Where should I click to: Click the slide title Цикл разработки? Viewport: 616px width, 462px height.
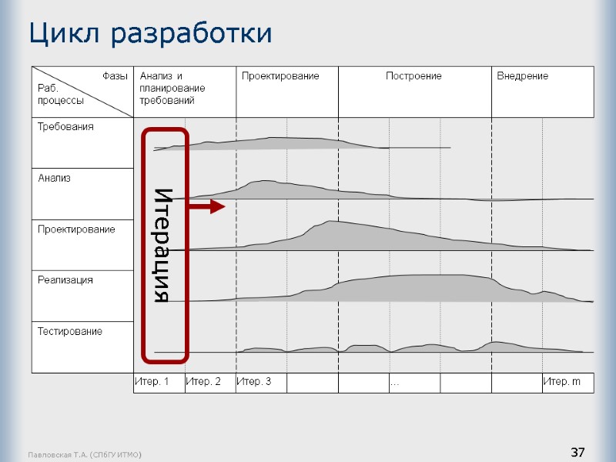coord(150,33)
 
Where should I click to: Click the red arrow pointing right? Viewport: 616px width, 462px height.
coord(207,206)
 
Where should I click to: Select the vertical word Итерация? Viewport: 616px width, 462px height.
coord(162,245)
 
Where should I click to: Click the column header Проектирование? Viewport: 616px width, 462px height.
coord(280,76)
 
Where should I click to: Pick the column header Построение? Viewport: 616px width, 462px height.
coord(413,76)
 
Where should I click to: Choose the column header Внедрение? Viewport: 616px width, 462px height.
coord(522,76)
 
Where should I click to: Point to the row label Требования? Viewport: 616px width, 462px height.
coord(66,126)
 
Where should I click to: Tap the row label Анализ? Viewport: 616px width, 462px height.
coord(55,178)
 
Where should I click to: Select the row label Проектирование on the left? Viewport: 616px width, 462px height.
coord(76,229)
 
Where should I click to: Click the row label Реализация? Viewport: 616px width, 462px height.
coord(65,280)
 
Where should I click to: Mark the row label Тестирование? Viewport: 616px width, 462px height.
coord(70,332)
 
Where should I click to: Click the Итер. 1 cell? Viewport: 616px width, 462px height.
coord(152,382)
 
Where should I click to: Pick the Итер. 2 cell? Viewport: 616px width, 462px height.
coord(203,382)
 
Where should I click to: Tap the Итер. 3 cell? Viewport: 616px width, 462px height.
coord(254,382)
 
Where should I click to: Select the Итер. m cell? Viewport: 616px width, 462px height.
coord(562,382)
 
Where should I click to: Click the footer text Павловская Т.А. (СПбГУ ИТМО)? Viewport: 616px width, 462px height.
coord(83,456)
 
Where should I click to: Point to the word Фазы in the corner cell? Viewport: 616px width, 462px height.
coord(115,76)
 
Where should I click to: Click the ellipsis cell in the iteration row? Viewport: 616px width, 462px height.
coord(395,383)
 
